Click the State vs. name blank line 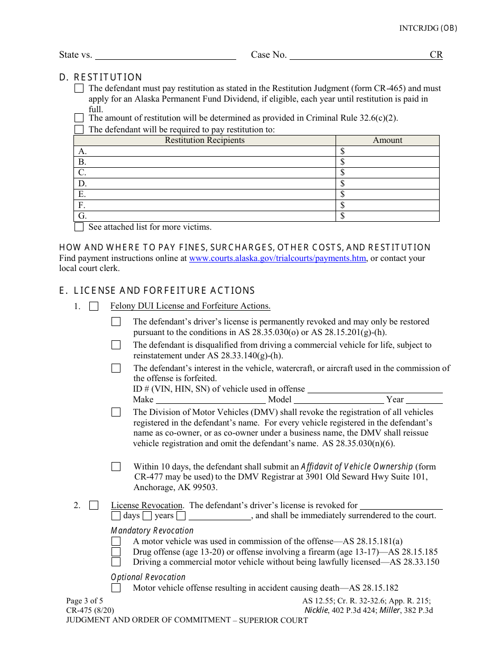(165, 55)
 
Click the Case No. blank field (359, 55)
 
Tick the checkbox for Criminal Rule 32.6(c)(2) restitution (79, 118)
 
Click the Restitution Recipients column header (204, 140)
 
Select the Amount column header (387, 140)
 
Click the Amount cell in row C (387, 173)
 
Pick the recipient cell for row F (204, 205)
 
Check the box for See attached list (79, 227)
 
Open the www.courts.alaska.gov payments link (277, 258)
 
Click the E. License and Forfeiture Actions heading (157, 291)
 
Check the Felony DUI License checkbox (94, 306)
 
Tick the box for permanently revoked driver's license (116, 322)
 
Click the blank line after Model (339, 400)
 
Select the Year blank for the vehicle (424, 400)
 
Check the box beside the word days (116, 516)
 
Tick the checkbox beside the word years (147, 516)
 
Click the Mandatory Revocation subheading (152, 530)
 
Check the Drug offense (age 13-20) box (116, 551)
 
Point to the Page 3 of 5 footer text (85, 601)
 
